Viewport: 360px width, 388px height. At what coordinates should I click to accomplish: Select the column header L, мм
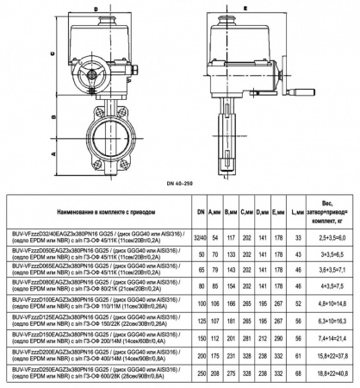296,211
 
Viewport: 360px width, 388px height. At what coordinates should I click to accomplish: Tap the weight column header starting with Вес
332,210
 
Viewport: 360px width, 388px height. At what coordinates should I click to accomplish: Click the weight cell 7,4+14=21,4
332,341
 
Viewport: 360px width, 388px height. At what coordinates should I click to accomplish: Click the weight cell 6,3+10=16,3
332,323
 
